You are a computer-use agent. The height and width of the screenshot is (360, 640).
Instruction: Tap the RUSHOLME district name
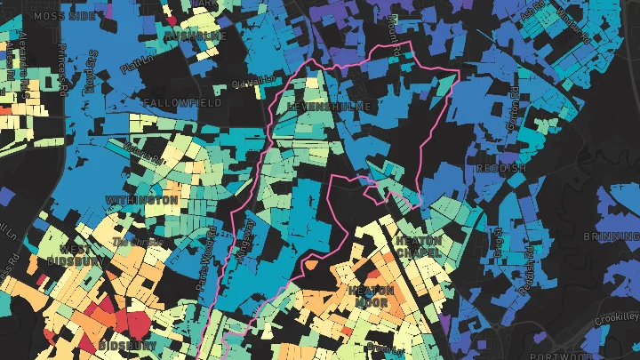pyautogui.click(x=196, y=36)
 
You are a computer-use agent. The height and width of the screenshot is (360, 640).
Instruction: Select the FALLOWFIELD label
pyautogui.click(x=182, y=103)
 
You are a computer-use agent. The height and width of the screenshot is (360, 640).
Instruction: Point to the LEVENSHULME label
pyautogui.click(x=328, y=106)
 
